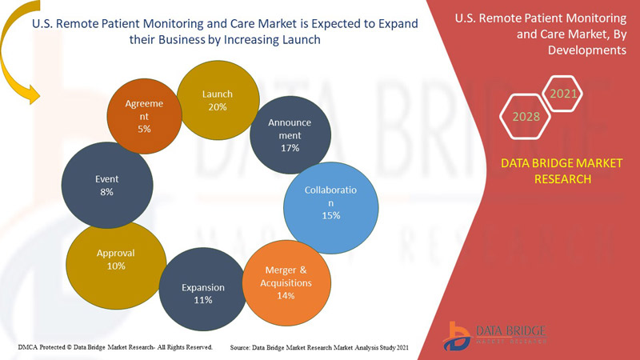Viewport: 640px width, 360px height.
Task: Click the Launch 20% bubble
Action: (217, 100)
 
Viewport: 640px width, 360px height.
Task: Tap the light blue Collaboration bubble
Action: (330, 204)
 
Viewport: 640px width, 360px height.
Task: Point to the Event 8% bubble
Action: (106, 186)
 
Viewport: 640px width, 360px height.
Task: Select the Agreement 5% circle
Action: (144, 116)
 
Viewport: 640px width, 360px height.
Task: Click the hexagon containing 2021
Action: (563, 94)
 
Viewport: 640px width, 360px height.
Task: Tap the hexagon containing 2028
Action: (526, 118)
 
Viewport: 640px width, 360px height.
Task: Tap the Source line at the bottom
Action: (319, 348)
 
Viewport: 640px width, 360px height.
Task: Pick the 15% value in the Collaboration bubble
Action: (330, 216)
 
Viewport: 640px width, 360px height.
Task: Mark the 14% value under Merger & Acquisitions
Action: (286, 296)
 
